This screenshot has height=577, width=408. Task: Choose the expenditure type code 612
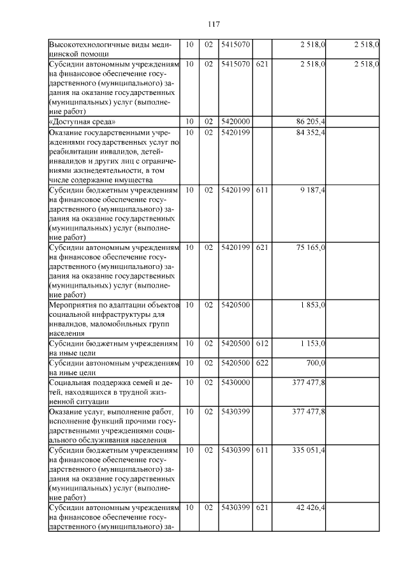261,343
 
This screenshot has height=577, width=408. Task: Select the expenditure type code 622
261,362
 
